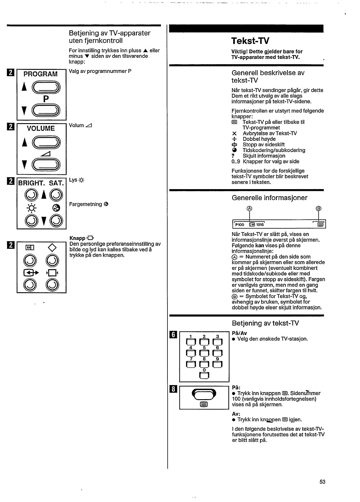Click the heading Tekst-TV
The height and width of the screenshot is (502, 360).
[x=250, y=41]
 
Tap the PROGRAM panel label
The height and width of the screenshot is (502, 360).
[x=41, y=74]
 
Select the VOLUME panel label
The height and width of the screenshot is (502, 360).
[x=41, y=128]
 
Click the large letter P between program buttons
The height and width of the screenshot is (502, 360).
[x=46, y=99]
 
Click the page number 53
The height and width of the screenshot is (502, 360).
[x=322, y=482]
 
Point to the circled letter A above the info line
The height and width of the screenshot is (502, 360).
[x=249, y=209]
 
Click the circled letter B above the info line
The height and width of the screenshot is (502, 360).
[x=318, y=209]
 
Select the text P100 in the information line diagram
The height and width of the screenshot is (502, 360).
[x=239, y=225]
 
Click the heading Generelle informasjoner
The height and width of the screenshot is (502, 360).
[x=269, y=198]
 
